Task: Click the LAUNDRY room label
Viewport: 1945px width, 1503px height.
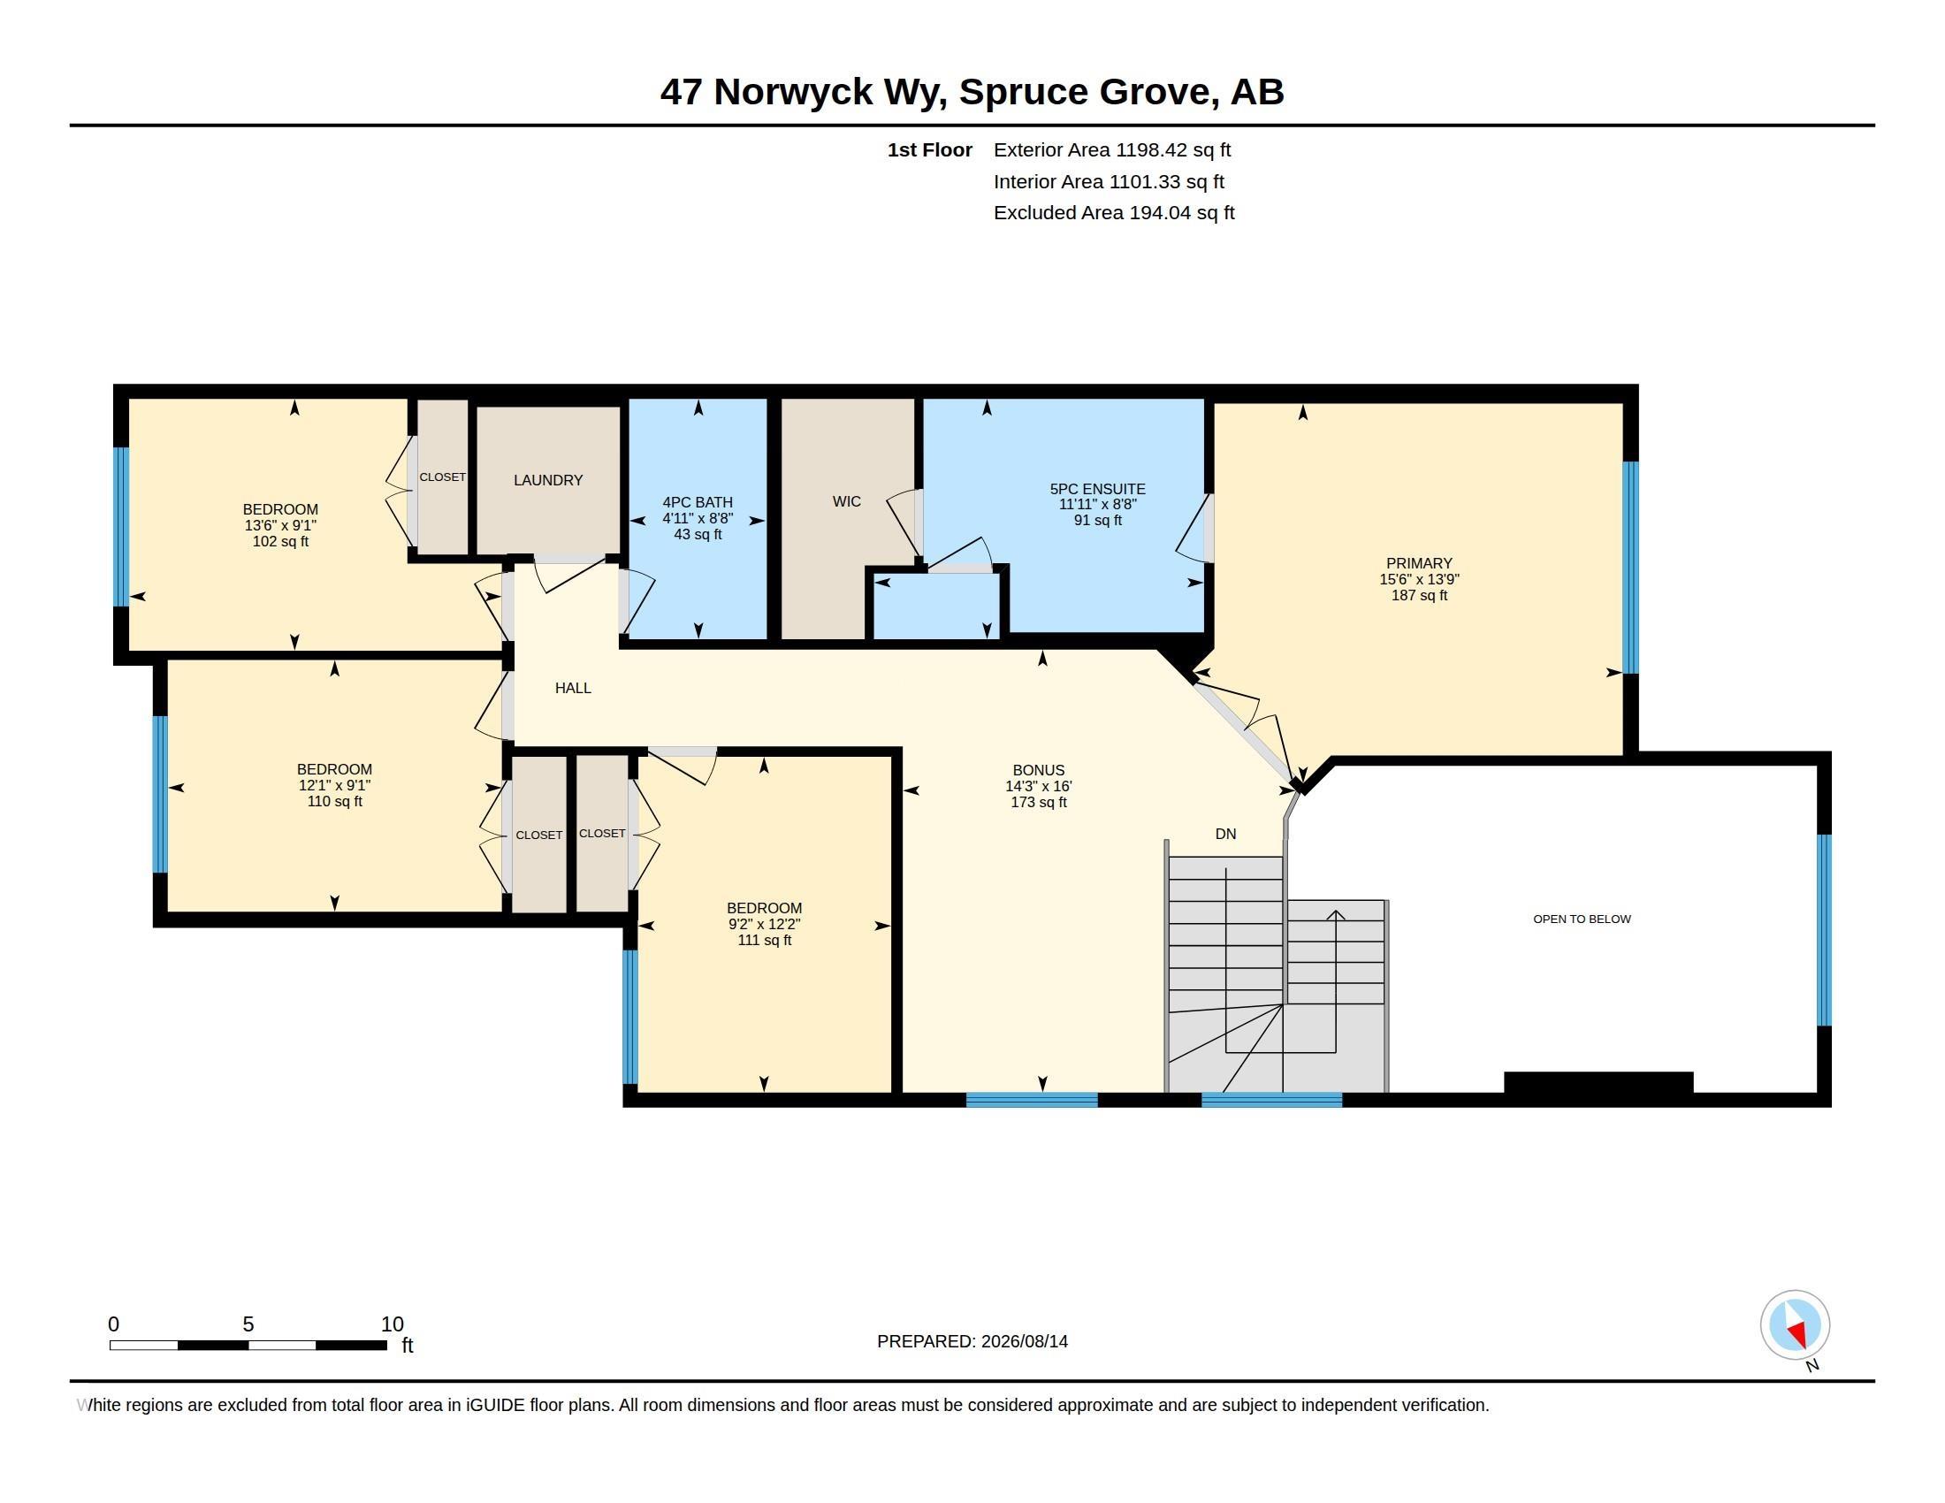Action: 548,480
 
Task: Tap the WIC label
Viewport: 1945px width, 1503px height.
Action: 846,501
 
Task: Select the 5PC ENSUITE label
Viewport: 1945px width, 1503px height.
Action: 1097,489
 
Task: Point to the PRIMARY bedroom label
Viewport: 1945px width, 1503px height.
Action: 1419,562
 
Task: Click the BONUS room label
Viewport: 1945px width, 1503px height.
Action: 1039,770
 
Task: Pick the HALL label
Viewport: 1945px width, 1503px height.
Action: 573,687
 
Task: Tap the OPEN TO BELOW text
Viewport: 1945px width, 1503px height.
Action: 1582,919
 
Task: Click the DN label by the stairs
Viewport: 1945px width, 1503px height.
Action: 1225,834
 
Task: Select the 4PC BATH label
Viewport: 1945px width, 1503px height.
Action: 698,502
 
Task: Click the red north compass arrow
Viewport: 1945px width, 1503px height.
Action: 1797,1333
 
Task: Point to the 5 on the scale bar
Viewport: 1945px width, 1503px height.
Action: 248,1324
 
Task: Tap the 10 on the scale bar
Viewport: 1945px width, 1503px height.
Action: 393,1324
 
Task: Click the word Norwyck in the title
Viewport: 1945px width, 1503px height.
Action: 793,93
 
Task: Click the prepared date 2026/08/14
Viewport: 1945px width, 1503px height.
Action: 1024,1341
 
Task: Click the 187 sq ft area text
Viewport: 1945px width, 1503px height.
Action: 1419,595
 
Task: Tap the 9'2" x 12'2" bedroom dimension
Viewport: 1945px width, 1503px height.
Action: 764,924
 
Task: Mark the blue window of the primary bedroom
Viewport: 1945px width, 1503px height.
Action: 1630,568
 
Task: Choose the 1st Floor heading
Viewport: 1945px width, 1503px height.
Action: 930,149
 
